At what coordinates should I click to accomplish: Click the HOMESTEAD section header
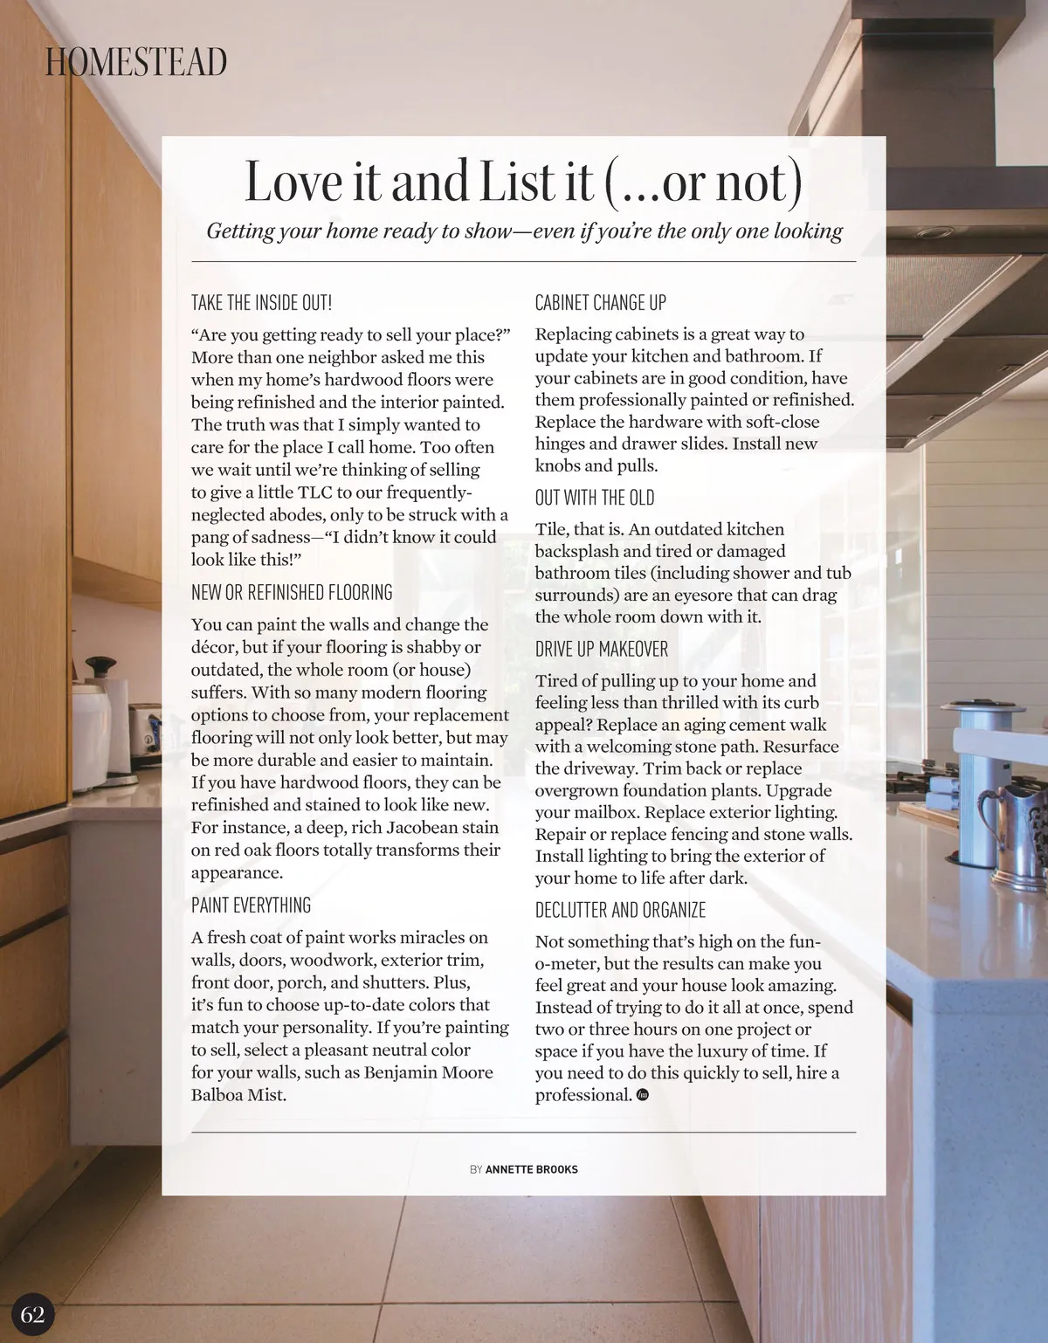[x=136, y=62]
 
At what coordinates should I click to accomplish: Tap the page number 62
[x=32, y=1314]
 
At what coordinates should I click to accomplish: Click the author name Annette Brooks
[x=531, y=1169]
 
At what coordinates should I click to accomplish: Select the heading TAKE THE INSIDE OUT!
[x=261, y=303]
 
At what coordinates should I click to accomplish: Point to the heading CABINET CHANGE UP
[x=600, y=303]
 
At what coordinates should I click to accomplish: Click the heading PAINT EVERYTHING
[x=251, y=905]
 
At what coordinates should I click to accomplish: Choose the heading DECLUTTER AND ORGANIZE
[x=620, y=910]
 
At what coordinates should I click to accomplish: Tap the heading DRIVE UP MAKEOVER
[x=601, y=649]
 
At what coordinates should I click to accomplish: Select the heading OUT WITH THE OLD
[x=594, y=498]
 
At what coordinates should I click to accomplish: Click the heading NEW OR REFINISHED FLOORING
[x=292, y=592]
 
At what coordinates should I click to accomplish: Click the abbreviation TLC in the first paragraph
[x=315, y=492]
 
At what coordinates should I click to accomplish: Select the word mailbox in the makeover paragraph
[x=609, y=812]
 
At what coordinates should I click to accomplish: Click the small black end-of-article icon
[x=643, y=1095]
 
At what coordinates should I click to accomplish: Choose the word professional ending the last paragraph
[x=583, y=1095]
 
